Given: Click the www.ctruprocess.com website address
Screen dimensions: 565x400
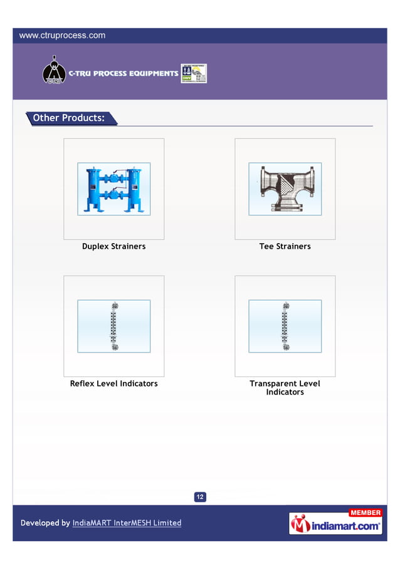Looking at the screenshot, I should [62, 36].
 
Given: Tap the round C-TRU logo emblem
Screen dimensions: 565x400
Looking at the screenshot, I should [53, 71].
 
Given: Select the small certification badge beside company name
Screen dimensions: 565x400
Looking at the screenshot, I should [194, 73].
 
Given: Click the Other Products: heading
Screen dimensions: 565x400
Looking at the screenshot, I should [68, 118].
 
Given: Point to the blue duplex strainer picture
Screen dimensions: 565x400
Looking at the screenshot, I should [113, 189].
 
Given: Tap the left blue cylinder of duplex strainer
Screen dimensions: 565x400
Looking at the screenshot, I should [94, 189].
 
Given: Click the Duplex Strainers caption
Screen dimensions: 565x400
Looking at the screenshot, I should [113, 247].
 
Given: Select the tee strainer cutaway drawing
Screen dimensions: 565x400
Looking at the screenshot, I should [285, 189].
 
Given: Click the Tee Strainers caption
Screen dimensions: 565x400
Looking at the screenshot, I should [285, 247].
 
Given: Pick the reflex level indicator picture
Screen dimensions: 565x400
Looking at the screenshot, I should [113, 326].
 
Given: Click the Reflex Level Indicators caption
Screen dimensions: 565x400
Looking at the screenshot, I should [113, 383].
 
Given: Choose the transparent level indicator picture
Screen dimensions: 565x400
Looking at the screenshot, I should [285, 326].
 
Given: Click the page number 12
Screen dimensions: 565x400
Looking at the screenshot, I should [200, 497].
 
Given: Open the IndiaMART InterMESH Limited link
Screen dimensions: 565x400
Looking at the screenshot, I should [127, 523].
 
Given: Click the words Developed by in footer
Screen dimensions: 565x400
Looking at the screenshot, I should [45, 523].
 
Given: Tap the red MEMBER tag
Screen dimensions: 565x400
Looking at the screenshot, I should [365, 513].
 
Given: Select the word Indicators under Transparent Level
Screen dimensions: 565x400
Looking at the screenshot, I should [285, 392].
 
